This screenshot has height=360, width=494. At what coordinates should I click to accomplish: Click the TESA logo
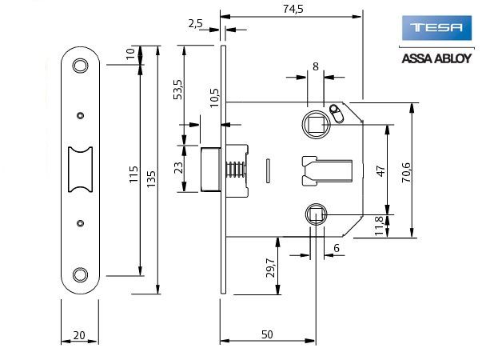coord(436,30)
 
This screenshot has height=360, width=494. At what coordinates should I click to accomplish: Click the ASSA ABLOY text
coord(436,58)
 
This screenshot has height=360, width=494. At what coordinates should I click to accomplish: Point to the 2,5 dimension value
coord(196,24)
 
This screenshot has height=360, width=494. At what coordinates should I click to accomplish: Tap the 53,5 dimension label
coord(178,90)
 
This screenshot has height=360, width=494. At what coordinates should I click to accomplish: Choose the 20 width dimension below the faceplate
coord(80,335)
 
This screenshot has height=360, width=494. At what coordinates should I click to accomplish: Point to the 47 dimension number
coord(380,171)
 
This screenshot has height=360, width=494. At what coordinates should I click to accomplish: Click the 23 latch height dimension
coord(178,168)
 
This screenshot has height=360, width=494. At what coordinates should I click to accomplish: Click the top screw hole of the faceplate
coord(80,66)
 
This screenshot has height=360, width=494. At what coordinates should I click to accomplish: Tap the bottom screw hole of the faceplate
coord(80,275)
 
